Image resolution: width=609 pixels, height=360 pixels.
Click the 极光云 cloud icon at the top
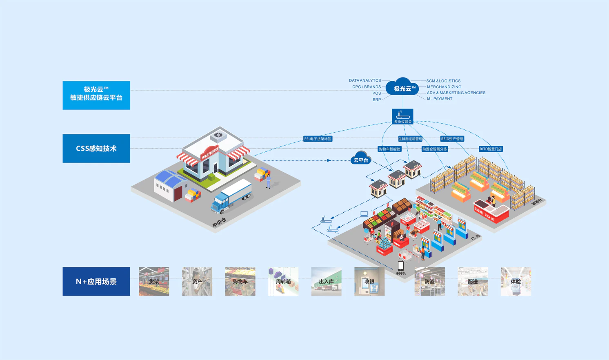[402, 87]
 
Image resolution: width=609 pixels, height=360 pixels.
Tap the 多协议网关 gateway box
[402, 117]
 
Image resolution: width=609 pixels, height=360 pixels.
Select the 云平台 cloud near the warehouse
[361, 159]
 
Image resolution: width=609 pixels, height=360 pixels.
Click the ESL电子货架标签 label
[318, 139]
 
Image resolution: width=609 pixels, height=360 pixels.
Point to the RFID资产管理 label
[452, 139]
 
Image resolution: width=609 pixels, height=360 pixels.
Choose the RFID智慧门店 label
[491, 149]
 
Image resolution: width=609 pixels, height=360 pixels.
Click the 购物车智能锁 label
[389, 149]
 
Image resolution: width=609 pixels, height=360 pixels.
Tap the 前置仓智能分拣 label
[435, 149]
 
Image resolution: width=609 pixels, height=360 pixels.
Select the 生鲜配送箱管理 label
[410, 139]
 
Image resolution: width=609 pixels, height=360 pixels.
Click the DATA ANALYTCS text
[365, 80]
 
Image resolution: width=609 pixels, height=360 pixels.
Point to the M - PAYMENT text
[440, 99]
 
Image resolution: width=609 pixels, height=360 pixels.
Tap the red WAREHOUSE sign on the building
[210, 153]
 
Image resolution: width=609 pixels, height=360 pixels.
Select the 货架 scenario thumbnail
[154, 281]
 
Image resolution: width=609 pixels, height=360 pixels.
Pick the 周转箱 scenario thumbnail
[283, 281]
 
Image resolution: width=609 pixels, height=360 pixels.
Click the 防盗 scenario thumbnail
[429, 281]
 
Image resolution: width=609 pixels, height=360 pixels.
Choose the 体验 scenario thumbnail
[516, 281]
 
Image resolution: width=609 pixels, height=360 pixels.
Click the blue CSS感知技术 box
[96, 149]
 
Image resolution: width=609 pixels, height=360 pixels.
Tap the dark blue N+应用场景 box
[96, 281]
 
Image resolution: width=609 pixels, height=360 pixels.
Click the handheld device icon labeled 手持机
[401, 266]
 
